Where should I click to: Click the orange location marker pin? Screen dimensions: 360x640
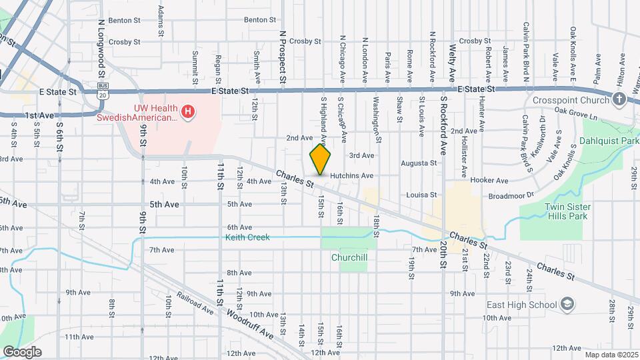(x=320, y=159)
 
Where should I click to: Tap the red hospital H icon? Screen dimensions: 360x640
(x=189, y=111)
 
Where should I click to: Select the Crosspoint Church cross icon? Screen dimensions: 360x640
(x=619, y=100)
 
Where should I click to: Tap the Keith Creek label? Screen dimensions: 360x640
(x=247, y=237)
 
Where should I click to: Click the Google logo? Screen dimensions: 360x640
(x=22, y=351)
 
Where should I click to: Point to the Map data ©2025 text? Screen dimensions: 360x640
(x=610, y=354)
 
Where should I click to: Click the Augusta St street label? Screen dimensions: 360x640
(x=419, y=163)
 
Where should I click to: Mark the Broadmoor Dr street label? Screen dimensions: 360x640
(x=511, y=195)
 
